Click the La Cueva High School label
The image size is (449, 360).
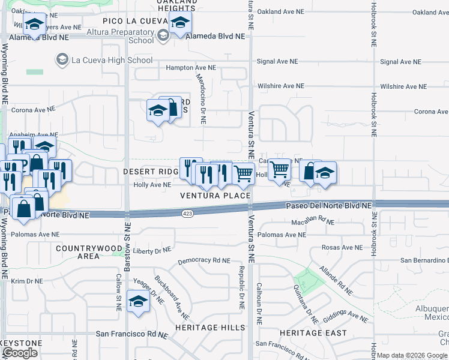click(x=112, y=60)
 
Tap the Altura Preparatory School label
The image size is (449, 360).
click(x=128, y=36)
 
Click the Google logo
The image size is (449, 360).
click(x=20, y=353)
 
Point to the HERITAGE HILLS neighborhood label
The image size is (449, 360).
click(x=210, y=328)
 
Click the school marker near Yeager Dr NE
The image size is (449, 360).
click(x=138, y=302)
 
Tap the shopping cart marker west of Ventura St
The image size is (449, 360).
click(x=243, y=174)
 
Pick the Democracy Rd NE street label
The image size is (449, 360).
click(x=204, y=260)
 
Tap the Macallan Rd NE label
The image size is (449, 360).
click(x=312, y=221)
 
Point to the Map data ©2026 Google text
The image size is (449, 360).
click(x=412, y=355)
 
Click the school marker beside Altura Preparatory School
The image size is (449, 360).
click(x=179, y=25)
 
